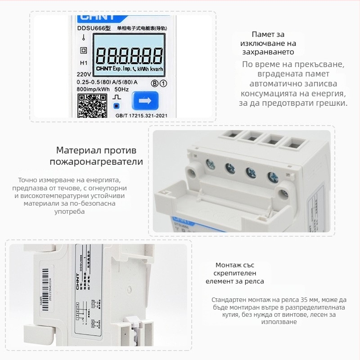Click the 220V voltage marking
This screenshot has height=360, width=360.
point(84,73)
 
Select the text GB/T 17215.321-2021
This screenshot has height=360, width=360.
point(142,116)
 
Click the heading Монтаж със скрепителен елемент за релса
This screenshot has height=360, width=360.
point(234,273)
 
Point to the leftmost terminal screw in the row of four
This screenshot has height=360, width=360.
point(210,164)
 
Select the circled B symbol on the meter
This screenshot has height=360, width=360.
point(154,83)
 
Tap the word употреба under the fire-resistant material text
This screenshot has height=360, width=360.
point(69,211)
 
